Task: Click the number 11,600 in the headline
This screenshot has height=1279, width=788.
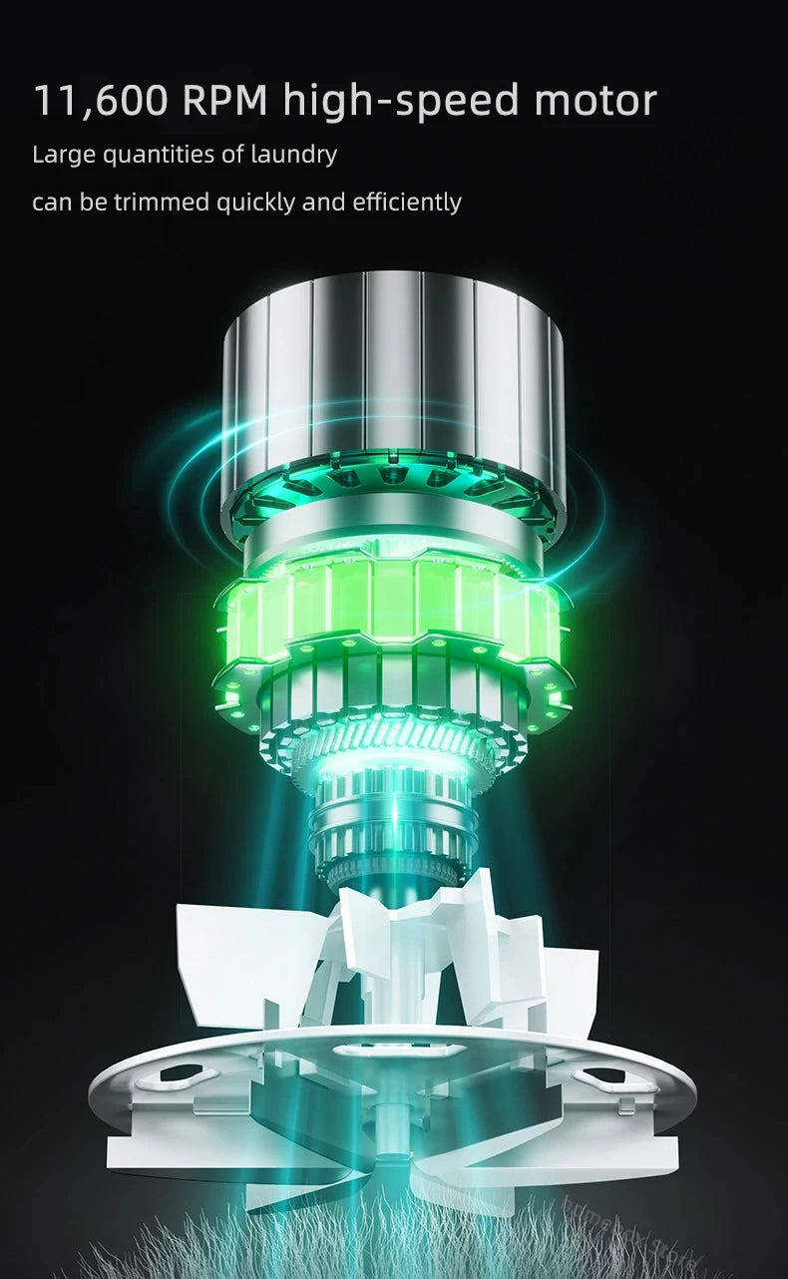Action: [101, 101]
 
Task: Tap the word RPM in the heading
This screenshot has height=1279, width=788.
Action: [225, 100]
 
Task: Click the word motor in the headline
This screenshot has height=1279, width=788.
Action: [595, 101]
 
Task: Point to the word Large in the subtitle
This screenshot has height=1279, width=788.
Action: [64, 155]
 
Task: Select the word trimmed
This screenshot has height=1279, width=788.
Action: [162, 203]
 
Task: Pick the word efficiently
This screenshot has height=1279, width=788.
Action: [407, 204]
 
